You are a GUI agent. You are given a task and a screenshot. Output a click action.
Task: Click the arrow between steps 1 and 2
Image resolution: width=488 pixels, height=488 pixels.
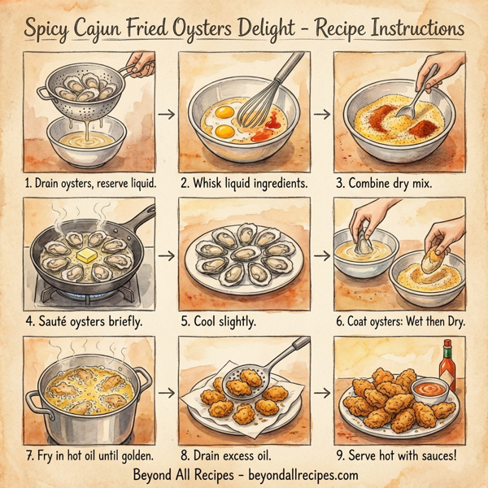coord(166,113)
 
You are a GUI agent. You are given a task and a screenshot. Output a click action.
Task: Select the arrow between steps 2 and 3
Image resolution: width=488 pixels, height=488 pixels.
coord(322,113)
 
